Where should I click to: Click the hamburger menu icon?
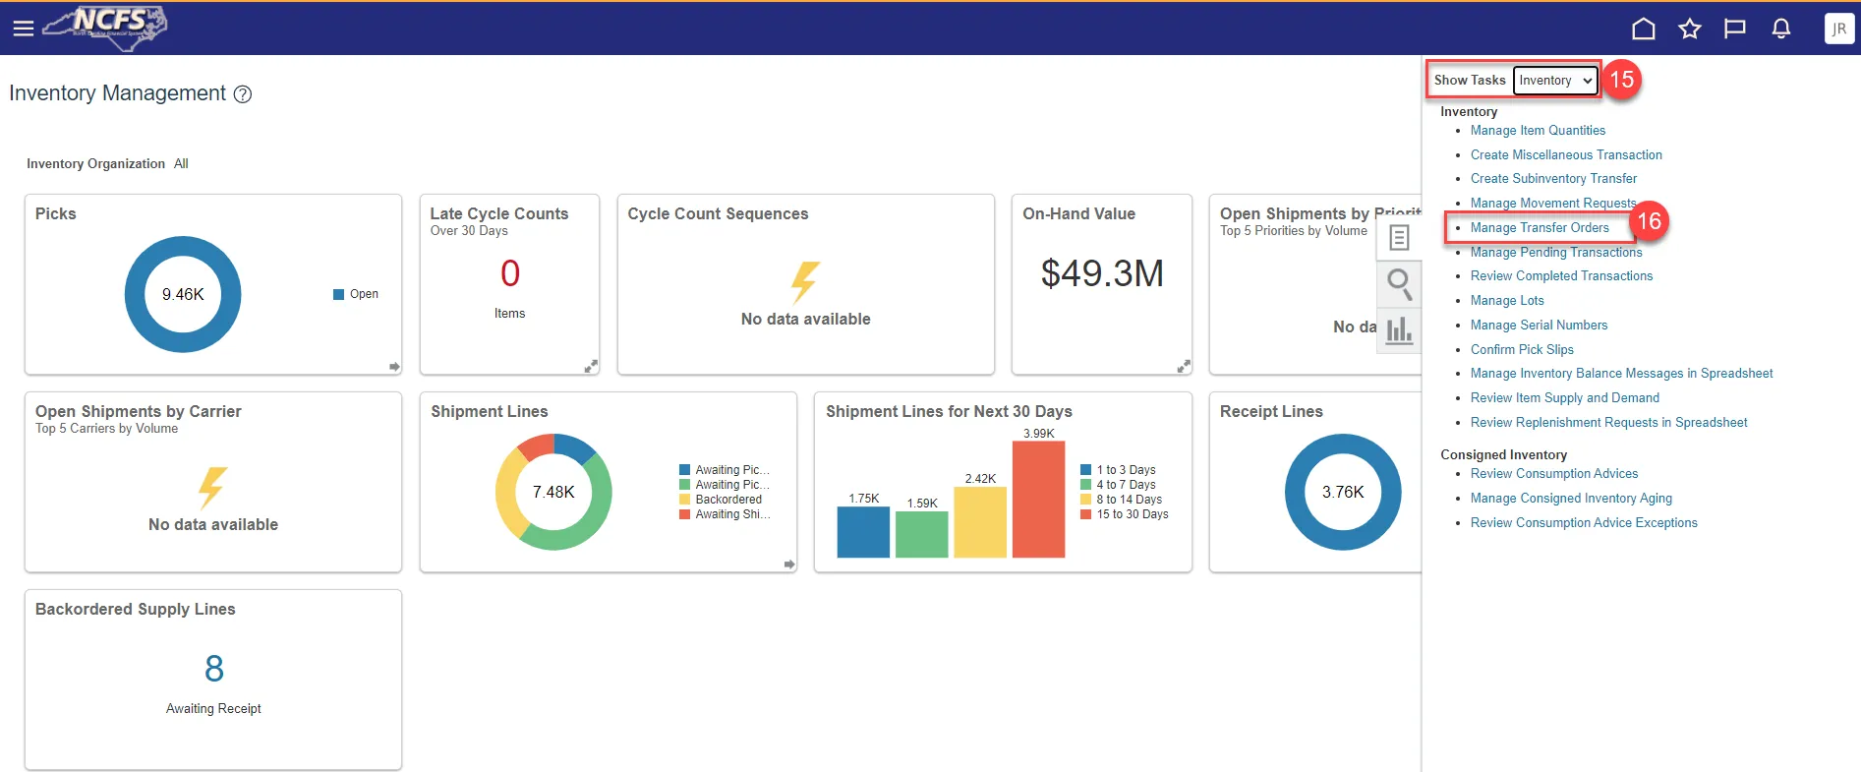pyautogui.click(x=24, y=29)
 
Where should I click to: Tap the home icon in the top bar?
pyautogui.click(x=1643, y=29)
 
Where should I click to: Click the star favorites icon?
pyautogui.click(x=1689, y=29)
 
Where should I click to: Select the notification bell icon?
pyautogui.click(x=1780, y=29)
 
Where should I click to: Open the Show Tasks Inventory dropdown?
pyautogui.click(x=1555, y=81)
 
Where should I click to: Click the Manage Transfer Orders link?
pyautogui.click(x=1540, y=228)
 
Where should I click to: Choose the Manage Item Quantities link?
pyautogui.click(x=1538, y=131)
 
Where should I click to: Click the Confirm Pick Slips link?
pyautogui.click(x=1522, y=350)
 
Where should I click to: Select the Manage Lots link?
pyautogui.click(x=1507, y=301)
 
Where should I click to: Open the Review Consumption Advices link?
pyautogui.click(x=1553, y=474)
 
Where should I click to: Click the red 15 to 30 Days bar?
pyautogui.click(x=1038, y=500)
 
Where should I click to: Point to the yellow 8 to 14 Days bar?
pyautogui.click(x=980, y=522)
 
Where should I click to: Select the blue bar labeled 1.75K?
pyautogui.click(x=863, y=532)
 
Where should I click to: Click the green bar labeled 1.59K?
pyautogui.click(x=922, y=534)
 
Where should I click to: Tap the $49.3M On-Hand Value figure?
pyautogui.click(x=1102, y=273)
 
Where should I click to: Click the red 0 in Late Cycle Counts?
pyautogui.click(x=510, y=273)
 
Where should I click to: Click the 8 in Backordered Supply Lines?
pyautogui.click(x=214, y=670)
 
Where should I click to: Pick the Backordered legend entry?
pyautogui.click(x=727, y=500)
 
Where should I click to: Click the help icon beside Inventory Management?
pyautogui.click(x=243, y=94)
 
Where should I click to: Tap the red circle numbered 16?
pyautogui.click(x=1649, y=221)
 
